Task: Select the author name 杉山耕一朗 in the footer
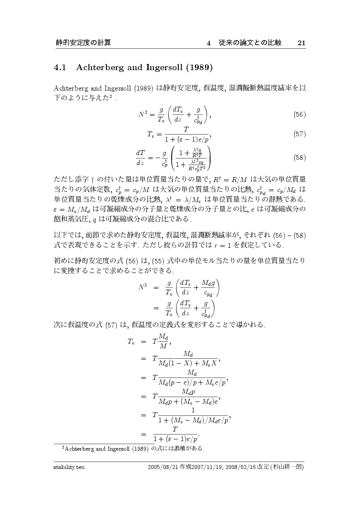[287, 467]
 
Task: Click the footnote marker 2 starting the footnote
[64, 447]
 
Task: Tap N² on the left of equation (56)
[144, 114]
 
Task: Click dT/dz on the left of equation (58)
[141, 158]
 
